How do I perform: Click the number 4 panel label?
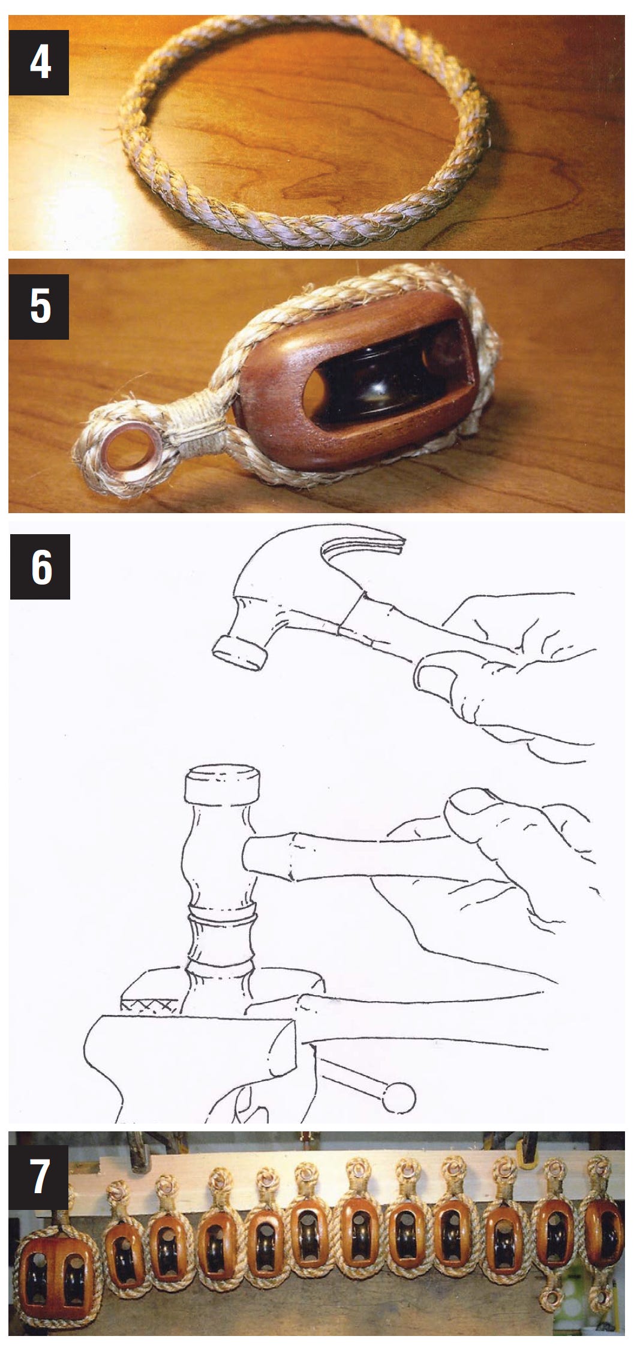pos(40,64)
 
